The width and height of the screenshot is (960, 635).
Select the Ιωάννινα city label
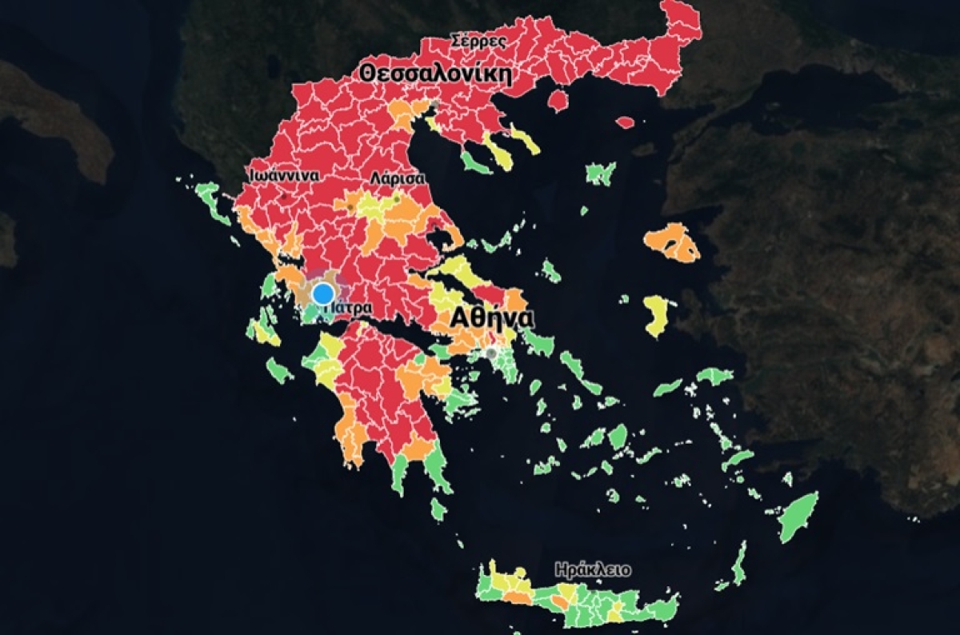click(283, 175)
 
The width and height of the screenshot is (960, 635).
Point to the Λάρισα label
click(398, 179)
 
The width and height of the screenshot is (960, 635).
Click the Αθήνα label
click(492, 318)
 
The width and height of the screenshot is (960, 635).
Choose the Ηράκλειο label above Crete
click(593, 570)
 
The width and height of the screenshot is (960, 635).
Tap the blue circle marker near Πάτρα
click(323, 294)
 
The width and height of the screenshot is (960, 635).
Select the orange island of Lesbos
click(672, 242)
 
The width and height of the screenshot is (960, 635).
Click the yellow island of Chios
click(657, 315)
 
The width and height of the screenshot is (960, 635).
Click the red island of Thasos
click(558, 99)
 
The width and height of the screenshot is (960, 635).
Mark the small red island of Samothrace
click(625, 122)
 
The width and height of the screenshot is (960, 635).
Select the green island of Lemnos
click(600, 173)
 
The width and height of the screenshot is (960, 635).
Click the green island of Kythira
click(438, 509)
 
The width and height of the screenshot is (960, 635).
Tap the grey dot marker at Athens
click(491, 353)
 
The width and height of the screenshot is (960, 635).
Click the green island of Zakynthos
click(279, 369)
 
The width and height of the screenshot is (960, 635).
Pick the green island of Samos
click(714, 375)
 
